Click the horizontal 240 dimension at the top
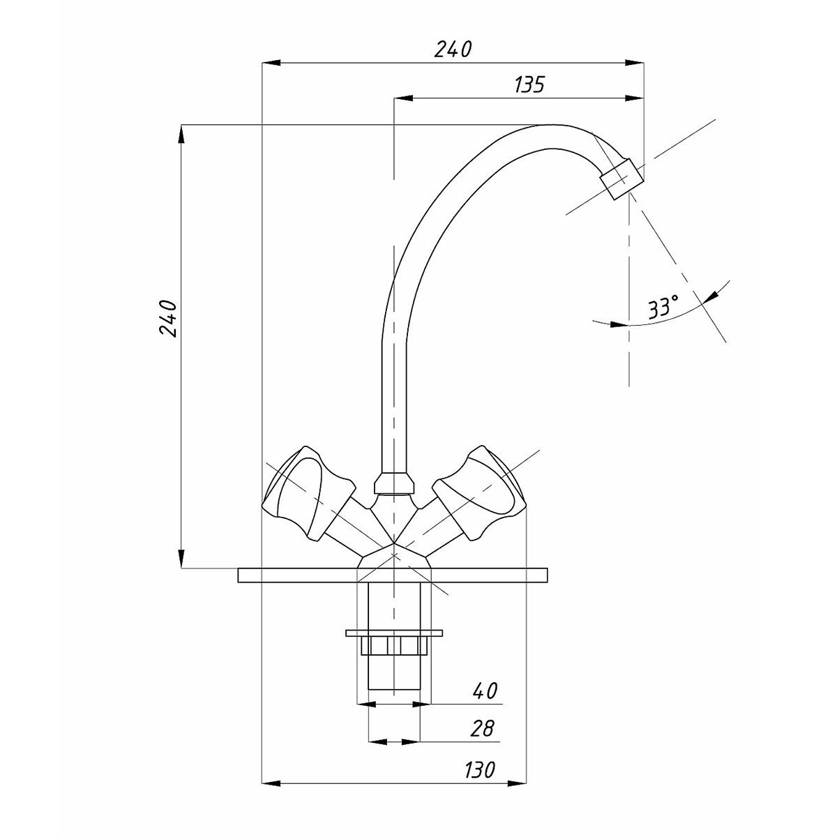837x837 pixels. pos(453,50)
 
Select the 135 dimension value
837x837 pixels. pos(529,84)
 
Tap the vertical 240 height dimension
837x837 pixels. pos(168,318)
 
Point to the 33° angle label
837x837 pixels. pos(663,308)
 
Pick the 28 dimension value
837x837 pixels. pos(482,728)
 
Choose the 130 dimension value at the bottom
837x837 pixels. pos(479,770)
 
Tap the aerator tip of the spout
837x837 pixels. pos(621,179)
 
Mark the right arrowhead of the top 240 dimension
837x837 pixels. pos(634,63)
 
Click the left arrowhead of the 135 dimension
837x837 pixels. pos(402,99)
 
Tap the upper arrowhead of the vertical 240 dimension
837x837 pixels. pos(182,135)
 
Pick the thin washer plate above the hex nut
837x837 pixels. pos(394,633)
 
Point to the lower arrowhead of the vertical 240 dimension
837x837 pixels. pos(182,559)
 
